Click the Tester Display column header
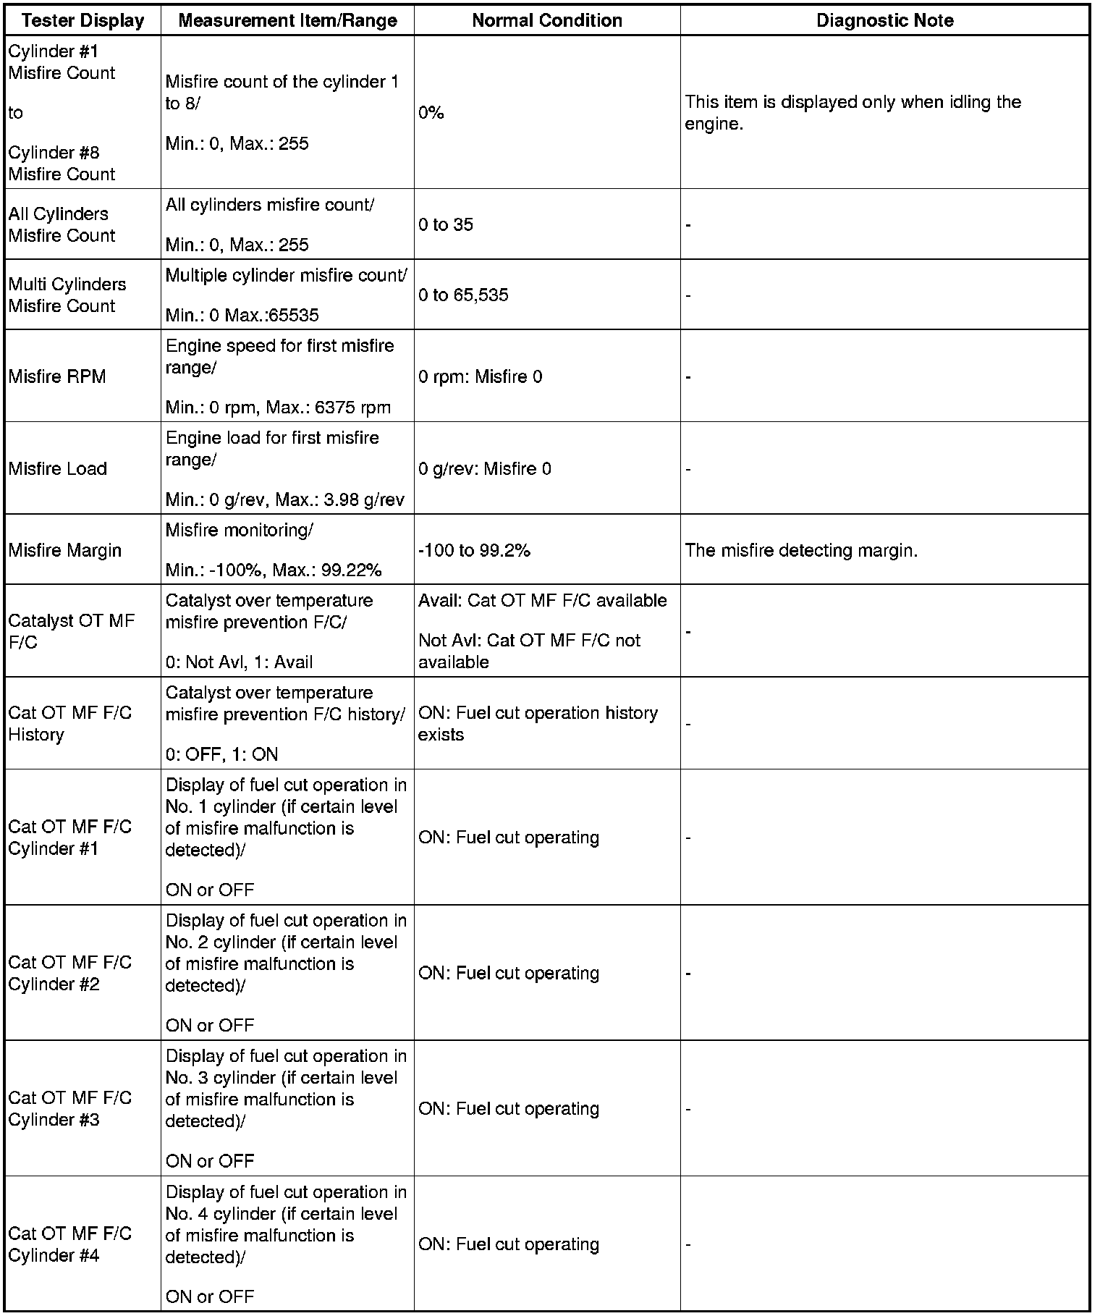82,20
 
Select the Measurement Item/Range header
287,20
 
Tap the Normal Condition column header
547,20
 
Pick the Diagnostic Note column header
884,20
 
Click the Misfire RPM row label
57,376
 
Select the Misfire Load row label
58,468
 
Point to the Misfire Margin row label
65,550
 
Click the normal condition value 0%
431,113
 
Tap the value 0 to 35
446,224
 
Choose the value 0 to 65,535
463,295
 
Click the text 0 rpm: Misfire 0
480,376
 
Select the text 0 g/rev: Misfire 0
484,468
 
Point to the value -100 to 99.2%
474,550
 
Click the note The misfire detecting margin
801,550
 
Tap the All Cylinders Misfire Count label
62,224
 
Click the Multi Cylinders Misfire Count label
67,295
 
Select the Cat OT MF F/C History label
69,723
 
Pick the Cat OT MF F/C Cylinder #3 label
69,1108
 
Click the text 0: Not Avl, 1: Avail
239,662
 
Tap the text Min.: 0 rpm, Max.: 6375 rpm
278,407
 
